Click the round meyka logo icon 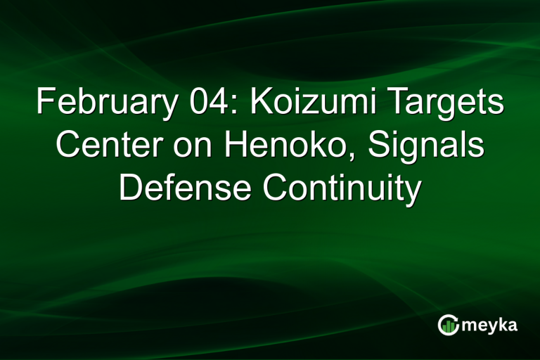[x=448, y=324]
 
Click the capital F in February [x=44, y=104]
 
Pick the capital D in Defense [x=129, y=188]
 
